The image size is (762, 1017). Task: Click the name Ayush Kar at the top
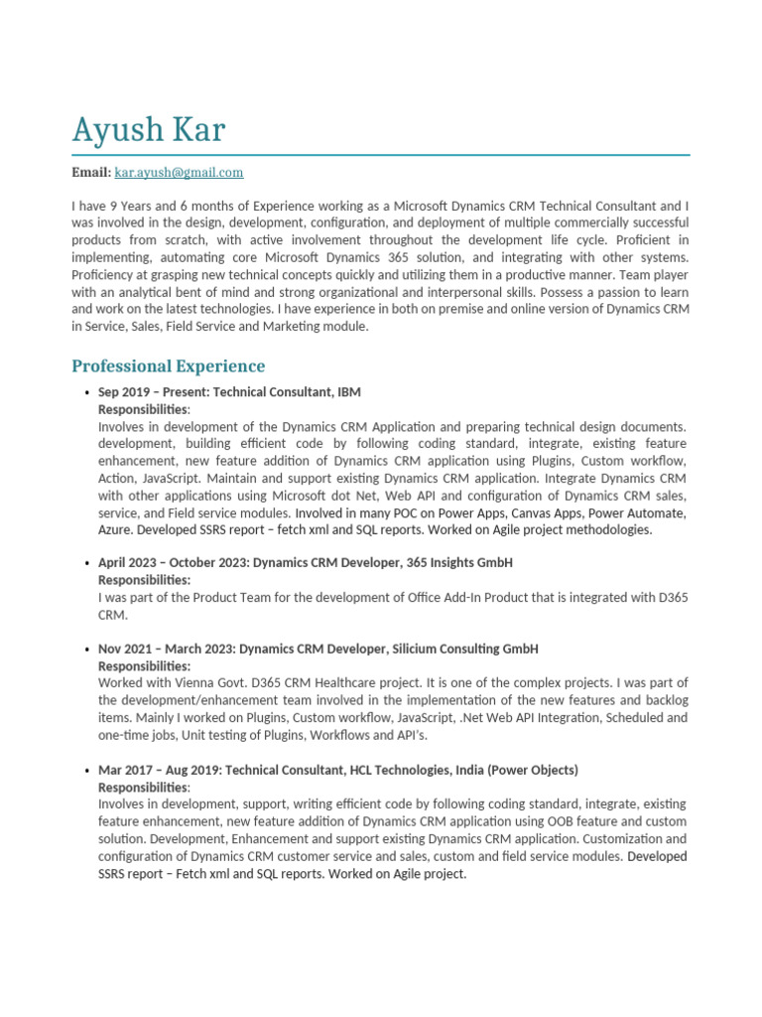(149, 130)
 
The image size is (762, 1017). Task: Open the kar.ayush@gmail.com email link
(179, 173)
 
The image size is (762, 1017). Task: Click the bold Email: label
(91, 173)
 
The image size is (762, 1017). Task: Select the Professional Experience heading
(169, 366)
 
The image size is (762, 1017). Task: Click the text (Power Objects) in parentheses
(536, 771)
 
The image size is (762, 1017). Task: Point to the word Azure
(116, 530)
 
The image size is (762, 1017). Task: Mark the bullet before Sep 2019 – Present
(88, 393)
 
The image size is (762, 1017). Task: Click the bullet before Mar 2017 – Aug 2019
(88, 772)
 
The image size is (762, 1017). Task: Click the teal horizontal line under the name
(381, 155)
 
